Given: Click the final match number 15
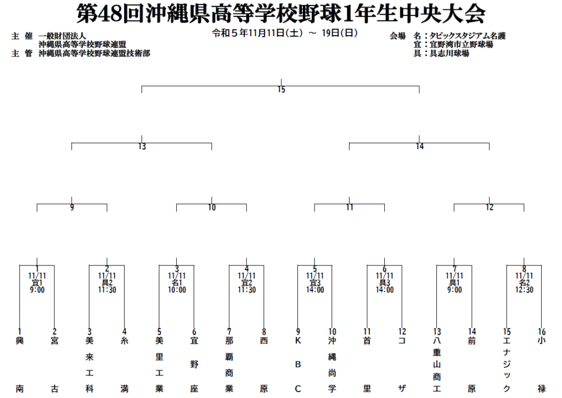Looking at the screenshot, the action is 282,89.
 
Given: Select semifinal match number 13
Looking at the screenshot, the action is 142,146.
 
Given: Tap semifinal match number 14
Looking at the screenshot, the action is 420,146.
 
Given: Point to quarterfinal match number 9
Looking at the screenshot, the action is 72,208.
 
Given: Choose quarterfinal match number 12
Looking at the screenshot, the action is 490,208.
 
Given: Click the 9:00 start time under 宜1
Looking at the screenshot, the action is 37,290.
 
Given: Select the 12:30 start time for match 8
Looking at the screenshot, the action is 524,290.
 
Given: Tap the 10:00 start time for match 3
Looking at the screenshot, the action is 177,290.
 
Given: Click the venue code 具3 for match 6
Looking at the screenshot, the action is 385,283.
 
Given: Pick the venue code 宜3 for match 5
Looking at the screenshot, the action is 315,283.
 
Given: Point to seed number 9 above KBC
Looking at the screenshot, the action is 298,332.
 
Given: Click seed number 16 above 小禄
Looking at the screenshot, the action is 542,332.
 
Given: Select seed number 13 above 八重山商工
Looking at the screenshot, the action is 437,332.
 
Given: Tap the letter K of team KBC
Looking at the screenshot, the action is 298,341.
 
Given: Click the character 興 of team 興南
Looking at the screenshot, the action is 20,341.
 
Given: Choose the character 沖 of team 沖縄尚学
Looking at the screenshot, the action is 332,341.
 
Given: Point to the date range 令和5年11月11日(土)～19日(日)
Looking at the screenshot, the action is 285,33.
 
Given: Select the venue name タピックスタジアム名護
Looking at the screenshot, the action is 468,36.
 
